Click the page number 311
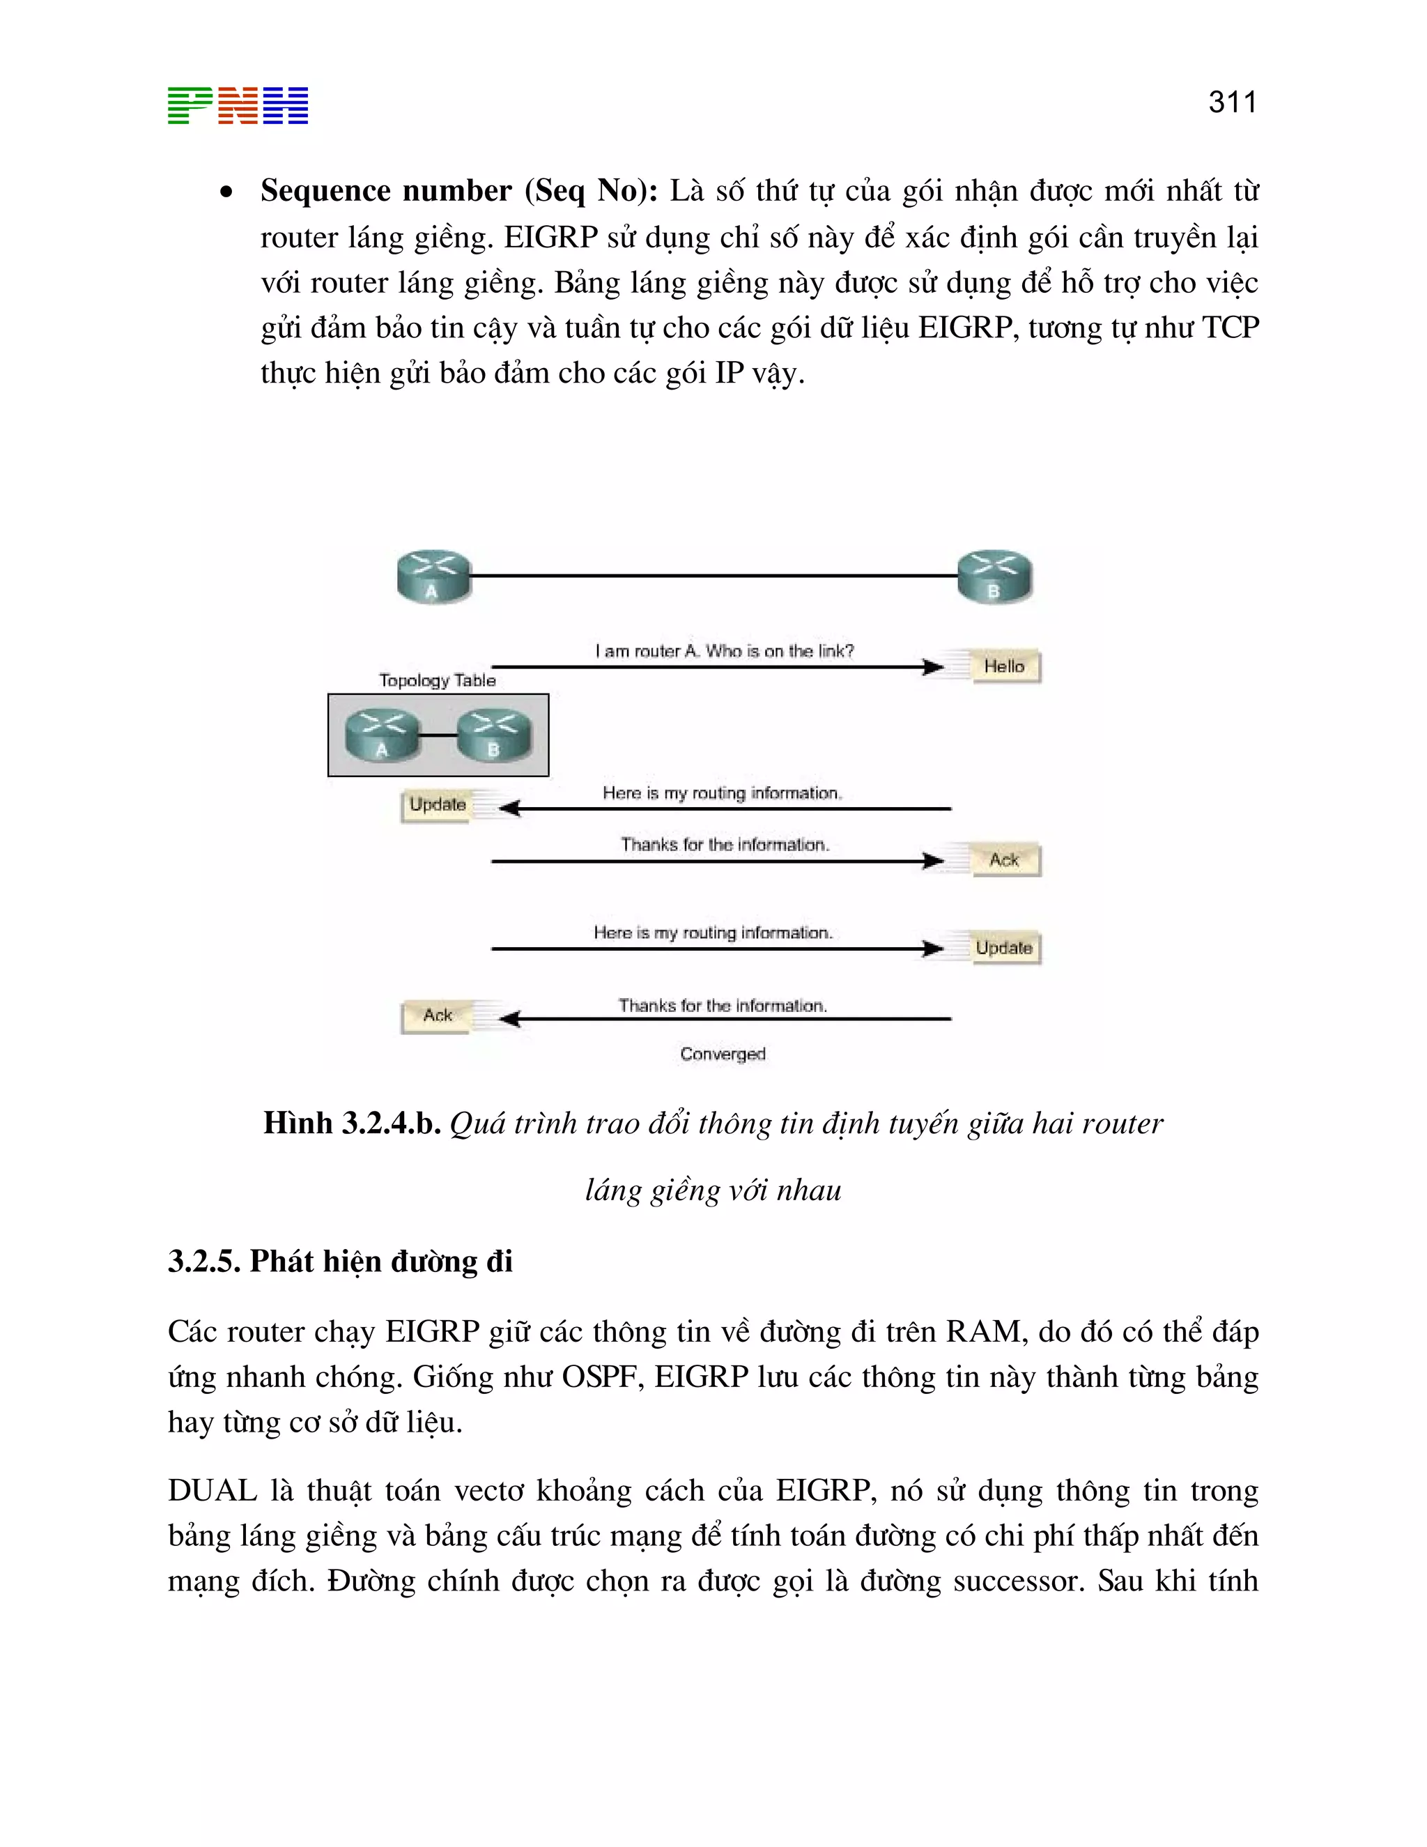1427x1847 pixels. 1232,102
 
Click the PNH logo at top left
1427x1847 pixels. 238,106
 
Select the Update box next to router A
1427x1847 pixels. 436,804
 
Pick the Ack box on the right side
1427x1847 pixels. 1005,860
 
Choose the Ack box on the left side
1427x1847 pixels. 436,1015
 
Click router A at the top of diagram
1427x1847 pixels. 433,576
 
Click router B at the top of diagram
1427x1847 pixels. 994,576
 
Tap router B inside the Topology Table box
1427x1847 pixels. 495,734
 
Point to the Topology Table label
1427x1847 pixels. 437,680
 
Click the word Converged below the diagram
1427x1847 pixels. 723,1054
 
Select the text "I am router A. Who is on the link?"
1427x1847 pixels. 725,650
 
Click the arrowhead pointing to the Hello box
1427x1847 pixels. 933,667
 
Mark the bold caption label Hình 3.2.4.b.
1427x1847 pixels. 352,1123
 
